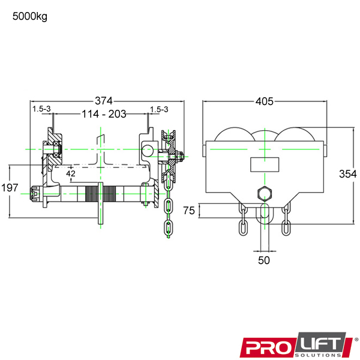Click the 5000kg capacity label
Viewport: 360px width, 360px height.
tap(30, 16)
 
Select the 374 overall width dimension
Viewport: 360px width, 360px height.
tap(104, 101)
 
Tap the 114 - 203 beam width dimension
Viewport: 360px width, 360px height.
tap(104, 114)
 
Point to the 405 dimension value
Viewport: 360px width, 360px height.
tap(265, 101)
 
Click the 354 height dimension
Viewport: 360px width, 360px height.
tap(348, 174)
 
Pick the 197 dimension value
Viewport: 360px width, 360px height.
tap(10, 188)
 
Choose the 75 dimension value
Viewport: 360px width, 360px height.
tap(189, 211)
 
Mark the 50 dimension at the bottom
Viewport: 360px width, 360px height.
tap(264, 260)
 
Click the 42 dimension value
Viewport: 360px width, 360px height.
tap(71, 173)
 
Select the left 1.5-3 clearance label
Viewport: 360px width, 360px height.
tap(41, 109)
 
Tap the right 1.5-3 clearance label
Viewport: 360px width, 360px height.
tap(159, 109)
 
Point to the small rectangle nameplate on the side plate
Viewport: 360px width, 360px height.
tap(265, 164)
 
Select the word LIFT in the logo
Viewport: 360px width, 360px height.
tap(321, 344)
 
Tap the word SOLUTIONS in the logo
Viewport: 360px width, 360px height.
tap(319, 355)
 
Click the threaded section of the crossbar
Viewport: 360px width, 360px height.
tap(101, 194)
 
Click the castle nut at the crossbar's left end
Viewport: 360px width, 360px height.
tap(34, 194)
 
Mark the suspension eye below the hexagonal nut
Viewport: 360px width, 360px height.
tap(265, 214)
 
